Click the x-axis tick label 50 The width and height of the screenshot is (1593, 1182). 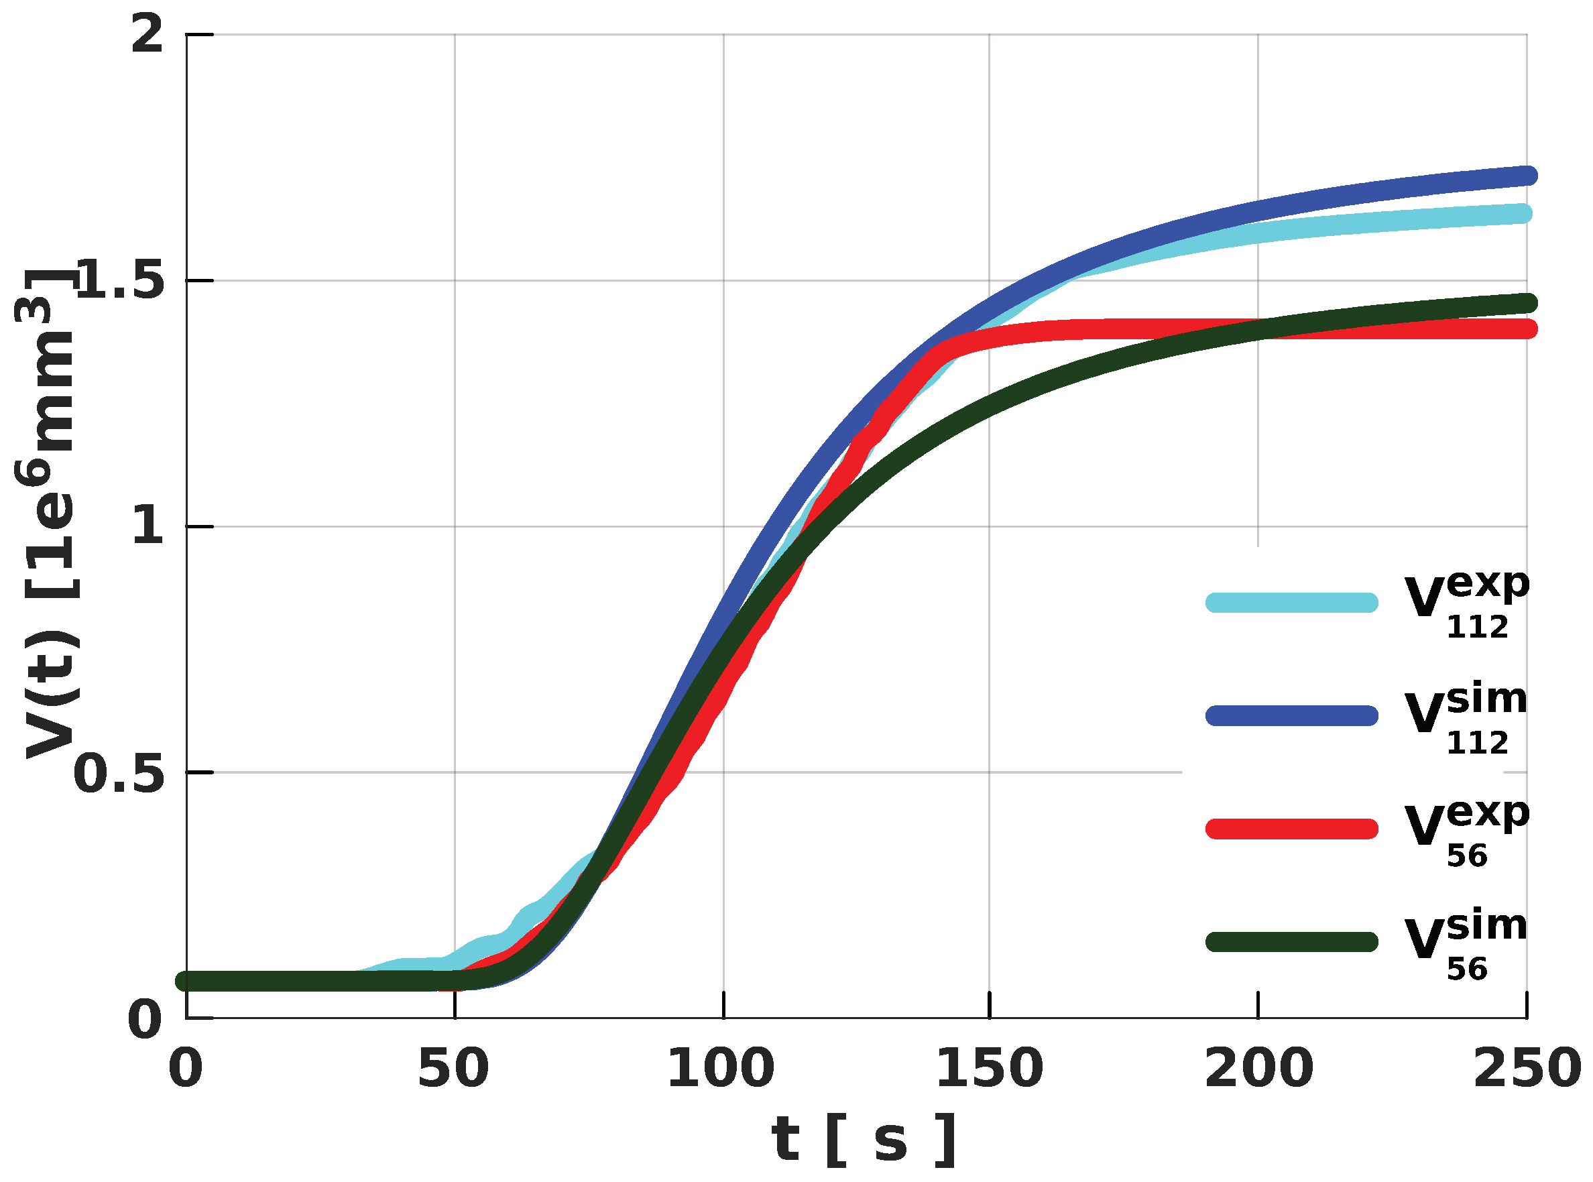click(453, 1069)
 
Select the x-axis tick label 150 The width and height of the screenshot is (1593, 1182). click(990, 1069)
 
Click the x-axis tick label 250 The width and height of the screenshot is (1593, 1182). click(1527, 1069)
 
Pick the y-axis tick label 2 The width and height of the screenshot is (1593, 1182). click(147, 34)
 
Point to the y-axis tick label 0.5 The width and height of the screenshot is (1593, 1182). click(119, 773)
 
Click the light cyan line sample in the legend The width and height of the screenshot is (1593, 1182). click(1292, 603)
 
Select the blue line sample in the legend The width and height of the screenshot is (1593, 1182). click(1292, 716)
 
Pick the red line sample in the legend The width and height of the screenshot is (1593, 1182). click(1292, 829)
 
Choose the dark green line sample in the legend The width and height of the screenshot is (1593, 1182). click(1292, 942)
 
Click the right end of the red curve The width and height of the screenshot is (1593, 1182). click(1527, 329)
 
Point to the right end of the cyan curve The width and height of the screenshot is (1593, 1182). click(1524, 213)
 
